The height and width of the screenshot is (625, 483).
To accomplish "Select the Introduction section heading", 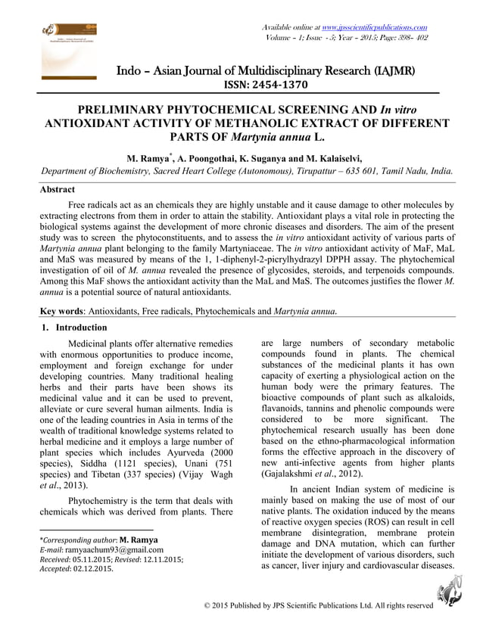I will click(75, 327).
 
